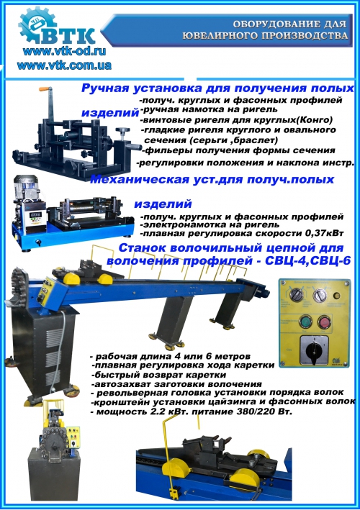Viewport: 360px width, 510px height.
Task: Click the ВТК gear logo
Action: click(56, 27)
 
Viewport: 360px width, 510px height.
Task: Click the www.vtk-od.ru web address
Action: click(65, 51)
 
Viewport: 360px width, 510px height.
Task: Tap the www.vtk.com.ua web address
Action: click(64, 65)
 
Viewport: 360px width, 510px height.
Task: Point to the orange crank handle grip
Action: click(45, 88)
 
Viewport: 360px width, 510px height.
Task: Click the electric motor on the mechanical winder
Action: click(27, 186)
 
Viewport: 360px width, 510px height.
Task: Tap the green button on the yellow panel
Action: click(305, 322)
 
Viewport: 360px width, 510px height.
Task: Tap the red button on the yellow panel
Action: click(324, 322)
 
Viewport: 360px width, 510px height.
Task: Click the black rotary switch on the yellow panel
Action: click(315, 352)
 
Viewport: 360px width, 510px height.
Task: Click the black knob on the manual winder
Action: click(122, 131)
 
